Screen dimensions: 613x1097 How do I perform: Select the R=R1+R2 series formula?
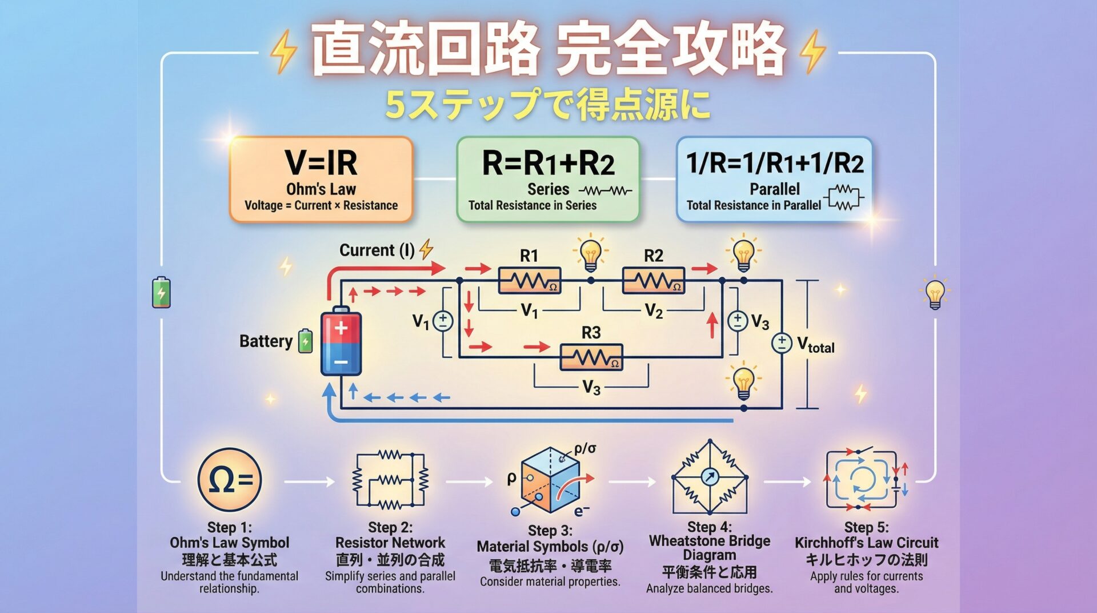548,163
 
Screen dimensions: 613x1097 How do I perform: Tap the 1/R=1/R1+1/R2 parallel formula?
774,163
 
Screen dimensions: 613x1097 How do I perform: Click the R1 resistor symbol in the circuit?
529,280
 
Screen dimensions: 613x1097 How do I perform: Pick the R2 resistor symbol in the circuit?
653,280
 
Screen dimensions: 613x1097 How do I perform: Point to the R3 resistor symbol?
591,357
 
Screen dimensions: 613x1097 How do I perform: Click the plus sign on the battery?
341,328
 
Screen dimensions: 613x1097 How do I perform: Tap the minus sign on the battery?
341,362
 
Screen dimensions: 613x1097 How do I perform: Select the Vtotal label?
815,345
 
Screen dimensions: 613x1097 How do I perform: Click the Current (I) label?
377,250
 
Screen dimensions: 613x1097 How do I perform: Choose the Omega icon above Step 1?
230,480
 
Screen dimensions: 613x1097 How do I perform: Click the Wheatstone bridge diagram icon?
710,477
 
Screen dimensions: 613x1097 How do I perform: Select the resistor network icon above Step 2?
390,480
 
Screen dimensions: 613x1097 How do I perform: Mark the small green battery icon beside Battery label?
306,341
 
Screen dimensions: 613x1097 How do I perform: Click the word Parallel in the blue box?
774,189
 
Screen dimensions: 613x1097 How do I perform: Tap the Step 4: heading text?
709,527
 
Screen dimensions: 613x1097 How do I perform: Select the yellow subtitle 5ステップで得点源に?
547,105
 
